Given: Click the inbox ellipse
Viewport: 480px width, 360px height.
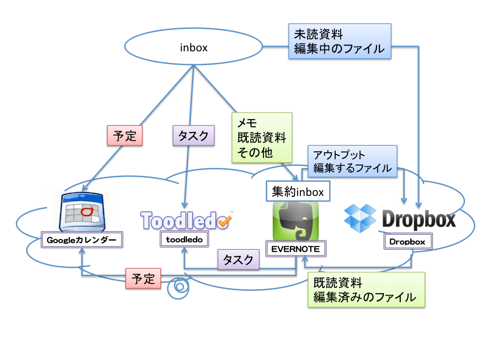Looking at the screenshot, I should (x=194, y=47).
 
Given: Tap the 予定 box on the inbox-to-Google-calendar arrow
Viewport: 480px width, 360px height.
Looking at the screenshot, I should (x=125, y=136).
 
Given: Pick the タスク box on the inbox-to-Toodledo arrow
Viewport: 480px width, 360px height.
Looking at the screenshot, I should (x=193, y=136).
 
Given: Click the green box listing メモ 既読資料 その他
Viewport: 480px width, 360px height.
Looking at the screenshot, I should (x=262, y=138).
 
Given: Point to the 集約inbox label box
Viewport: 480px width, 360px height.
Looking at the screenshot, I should (x=298, y=191).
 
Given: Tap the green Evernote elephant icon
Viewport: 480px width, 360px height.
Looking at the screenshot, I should (x=295, y=221).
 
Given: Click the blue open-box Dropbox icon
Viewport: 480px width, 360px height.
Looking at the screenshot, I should (x=360, y=218).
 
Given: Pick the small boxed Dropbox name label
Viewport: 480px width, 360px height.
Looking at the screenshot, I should (x=407, y=242).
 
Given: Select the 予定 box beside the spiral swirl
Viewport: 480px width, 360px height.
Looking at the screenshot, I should (x=143, y=279).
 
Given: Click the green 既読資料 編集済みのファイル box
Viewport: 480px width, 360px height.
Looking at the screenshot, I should (x=366, y=290).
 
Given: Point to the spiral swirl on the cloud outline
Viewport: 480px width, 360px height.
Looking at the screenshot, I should (x=179, y=287).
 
